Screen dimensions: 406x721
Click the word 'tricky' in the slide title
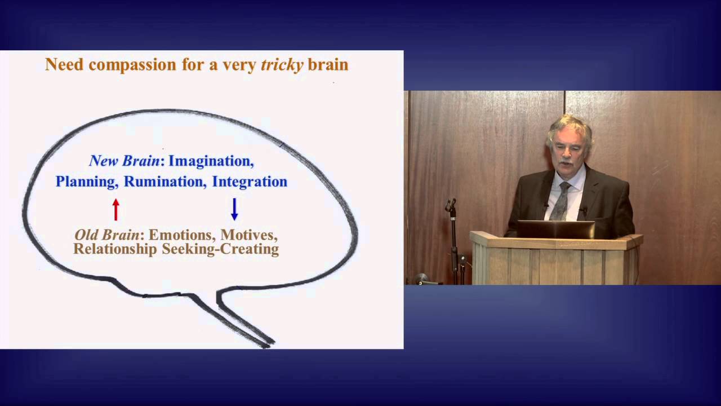click(282, 65)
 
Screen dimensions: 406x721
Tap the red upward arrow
click(116, 209)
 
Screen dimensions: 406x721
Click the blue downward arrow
click(234, 209)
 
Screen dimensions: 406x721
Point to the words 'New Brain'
click(124, 161)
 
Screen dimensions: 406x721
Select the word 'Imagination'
click(211, 161)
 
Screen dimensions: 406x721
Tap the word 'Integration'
click(250, 182)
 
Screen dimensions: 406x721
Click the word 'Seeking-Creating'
click(220, 249)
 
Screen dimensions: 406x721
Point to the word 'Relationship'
click(115, 249)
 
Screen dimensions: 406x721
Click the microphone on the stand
click(451, 205)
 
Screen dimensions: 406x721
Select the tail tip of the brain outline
click(268, 342)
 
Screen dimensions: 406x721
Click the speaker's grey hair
click(569, 125)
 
